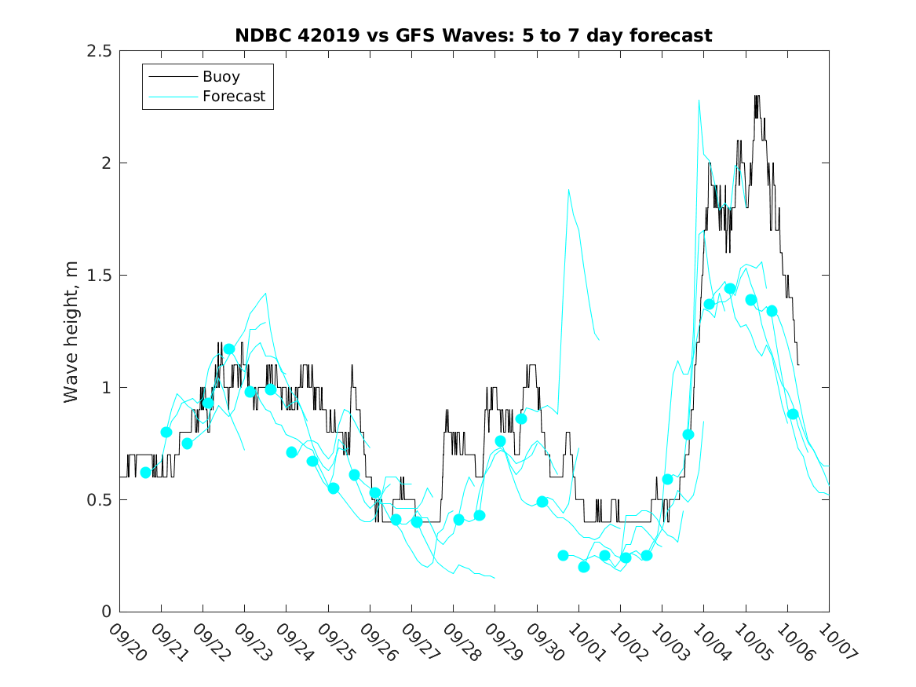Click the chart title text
[473, 36]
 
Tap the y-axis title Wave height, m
[71, 331]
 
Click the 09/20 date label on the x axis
[126, 641]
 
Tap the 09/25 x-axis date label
[334, 641]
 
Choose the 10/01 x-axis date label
[584, 641]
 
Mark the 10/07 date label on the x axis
[834, 641]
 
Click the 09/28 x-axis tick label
[459, 641]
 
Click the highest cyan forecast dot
[730, 289]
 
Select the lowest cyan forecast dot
[583, 567]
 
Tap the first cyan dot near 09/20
[145, 473]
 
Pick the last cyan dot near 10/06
[793, 414]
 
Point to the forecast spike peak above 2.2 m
[699, 100]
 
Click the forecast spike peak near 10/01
[568, 189]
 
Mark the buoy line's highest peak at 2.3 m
[757, 97]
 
